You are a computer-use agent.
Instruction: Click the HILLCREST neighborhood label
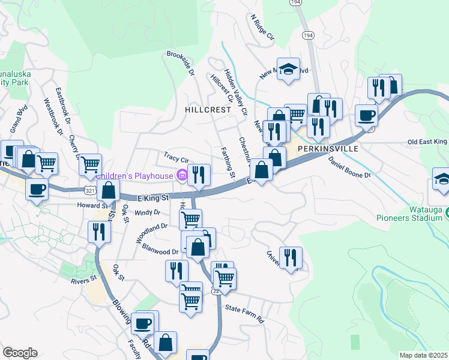[208, 110]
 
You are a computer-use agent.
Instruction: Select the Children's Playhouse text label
[136, 176]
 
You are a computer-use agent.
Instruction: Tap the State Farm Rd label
[244, 314]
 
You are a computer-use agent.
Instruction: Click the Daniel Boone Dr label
[350, 167]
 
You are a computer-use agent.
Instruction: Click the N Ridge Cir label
[262, 28]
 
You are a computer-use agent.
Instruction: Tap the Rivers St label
[83, 280]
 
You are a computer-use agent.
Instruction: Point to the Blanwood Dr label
[158, 251]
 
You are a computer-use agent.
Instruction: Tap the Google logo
[20, 353]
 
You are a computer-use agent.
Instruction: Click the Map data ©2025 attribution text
[423, 355]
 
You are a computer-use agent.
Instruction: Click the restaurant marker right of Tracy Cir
[199, 174]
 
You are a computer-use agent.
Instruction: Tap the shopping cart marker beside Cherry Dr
[90, 163]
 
